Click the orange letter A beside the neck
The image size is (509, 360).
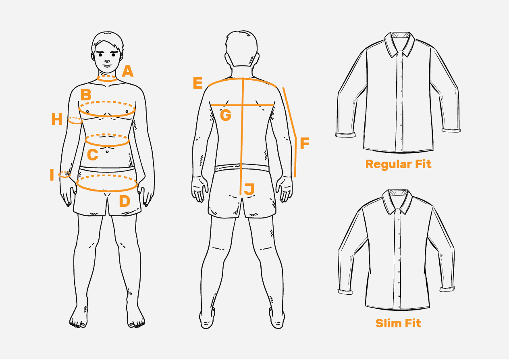127,71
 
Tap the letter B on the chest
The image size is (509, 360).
86,95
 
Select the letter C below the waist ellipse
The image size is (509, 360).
92,155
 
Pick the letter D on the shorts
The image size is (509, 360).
125,201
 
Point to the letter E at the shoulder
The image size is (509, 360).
197,83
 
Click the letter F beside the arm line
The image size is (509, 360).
305,143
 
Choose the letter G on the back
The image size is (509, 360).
225,115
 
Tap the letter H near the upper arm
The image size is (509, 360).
57,119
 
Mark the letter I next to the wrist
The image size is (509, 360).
52,175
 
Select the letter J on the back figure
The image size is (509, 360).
249,189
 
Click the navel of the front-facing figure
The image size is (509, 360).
107,151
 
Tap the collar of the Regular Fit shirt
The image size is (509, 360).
399,44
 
